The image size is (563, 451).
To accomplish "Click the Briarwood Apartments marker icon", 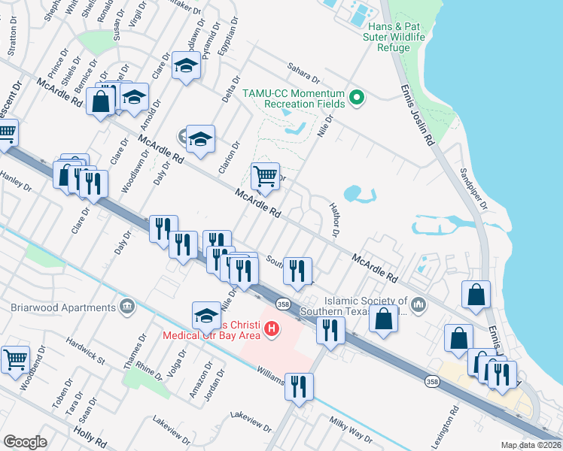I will (127, 307).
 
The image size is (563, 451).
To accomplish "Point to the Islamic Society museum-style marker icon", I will (419, 305).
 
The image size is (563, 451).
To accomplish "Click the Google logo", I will (26, 441).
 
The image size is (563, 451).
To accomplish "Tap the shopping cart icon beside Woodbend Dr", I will (15, 359).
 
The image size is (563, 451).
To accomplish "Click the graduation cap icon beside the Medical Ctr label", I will (207, 316).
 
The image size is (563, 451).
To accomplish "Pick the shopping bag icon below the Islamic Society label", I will (383, 318).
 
